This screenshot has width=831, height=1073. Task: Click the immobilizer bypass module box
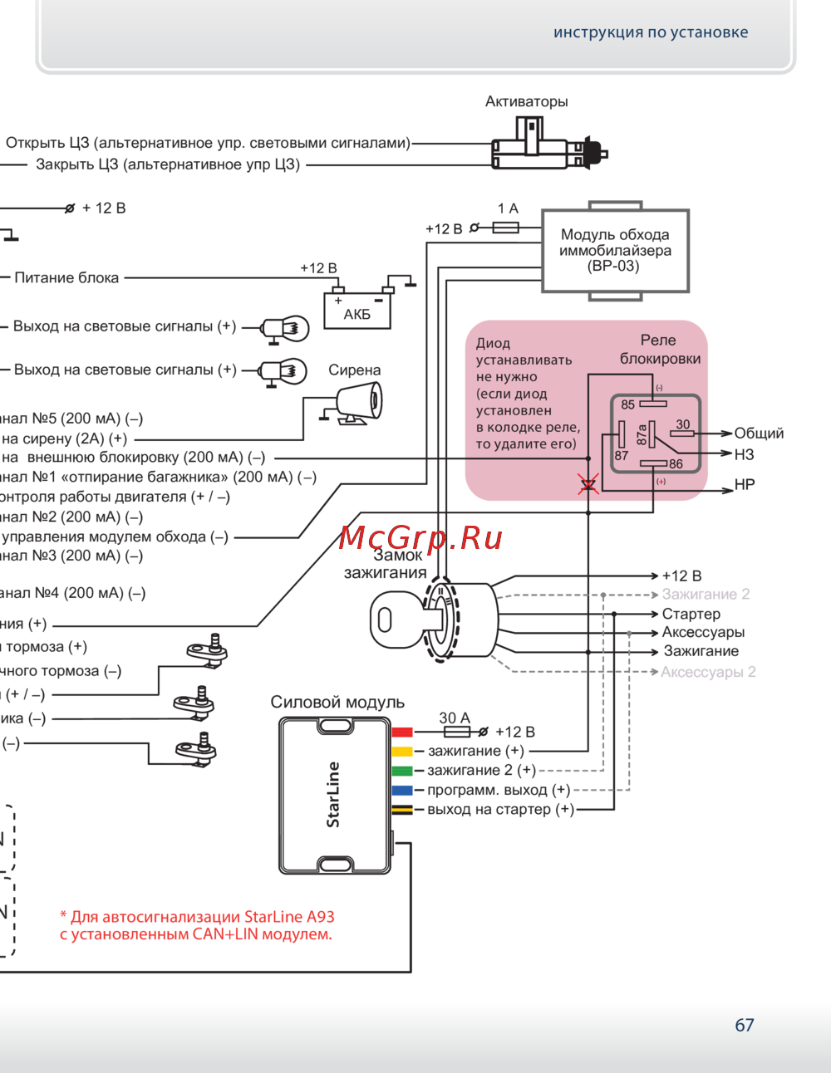click(615, 250)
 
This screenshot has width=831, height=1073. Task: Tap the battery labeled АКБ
click(356, 310)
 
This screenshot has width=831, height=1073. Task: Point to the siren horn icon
click(361, 403)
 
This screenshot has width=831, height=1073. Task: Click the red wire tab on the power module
click(402, 732)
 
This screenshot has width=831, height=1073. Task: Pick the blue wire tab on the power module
click(402, 790)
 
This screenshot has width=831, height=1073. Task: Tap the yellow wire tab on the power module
click(402, 751)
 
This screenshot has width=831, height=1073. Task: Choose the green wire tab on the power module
click(402, 771)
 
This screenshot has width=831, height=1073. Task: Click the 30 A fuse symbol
click(456, 732)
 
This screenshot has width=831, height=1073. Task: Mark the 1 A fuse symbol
click(506, 227)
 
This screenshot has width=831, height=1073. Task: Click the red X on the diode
click(588, 484)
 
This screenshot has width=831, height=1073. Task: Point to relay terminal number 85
click(627, 404)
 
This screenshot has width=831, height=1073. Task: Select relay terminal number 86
click(676, 464)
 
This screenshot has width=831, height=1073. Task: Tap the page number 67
click(745, 1025)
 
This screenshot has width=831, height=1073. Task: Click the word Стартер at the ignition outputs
click(691, 614)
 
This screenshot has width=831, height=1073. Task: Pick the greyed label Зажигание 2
click(706, 594)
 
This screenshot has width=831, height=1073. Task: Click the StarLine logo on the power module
click(333, 795)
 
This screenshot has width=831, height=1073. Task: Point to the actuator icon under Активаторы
click(548, 148)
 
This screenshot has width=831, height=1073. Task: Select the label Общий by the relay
click(759, 433)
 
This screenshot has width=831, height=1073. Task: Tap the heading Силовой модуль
click(337, 702)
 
